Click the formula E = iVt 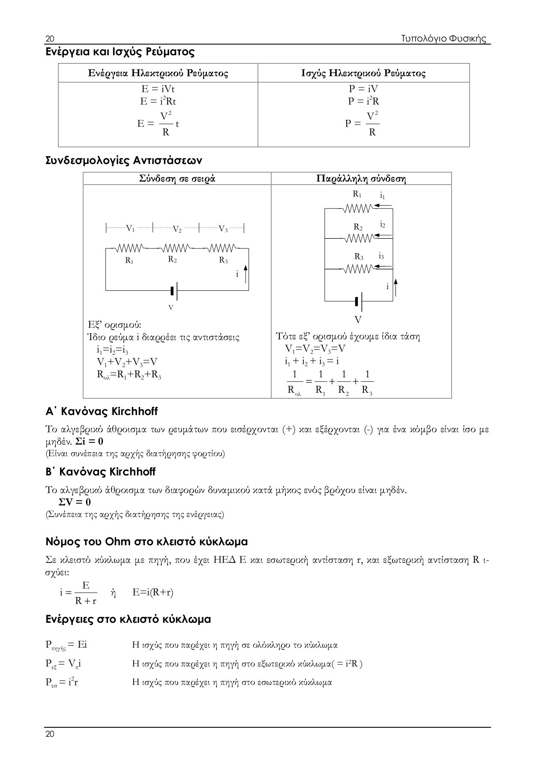click(x=158, y=89)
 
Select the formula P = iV click(x=363, y=89)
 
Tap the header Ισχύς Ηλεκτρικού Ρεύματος click(x=363, y=73)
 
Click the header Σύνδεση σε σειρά click(x=177, y=179)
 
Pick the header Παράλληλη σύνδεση click(x=361, y=179)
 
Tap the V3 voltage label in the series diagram click(x=223, y=229)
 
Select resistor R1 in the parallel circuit click(x=358, y=209)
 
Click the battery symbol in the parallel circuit click(x=359, y=302)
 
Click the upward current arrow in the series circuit click(x=246, y=274)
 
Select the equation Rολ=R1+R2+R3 click(x=129, y=375)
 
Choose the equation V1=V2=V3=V click(x=315, y=349)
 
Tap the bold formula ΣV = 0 click(x=75, y=502)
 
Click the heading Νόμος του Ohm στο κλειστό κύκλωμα click(x=147, y=542)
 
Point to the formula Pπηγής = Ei click(x=66, y=645)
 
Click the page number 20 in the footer click(x=50, y=734)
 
